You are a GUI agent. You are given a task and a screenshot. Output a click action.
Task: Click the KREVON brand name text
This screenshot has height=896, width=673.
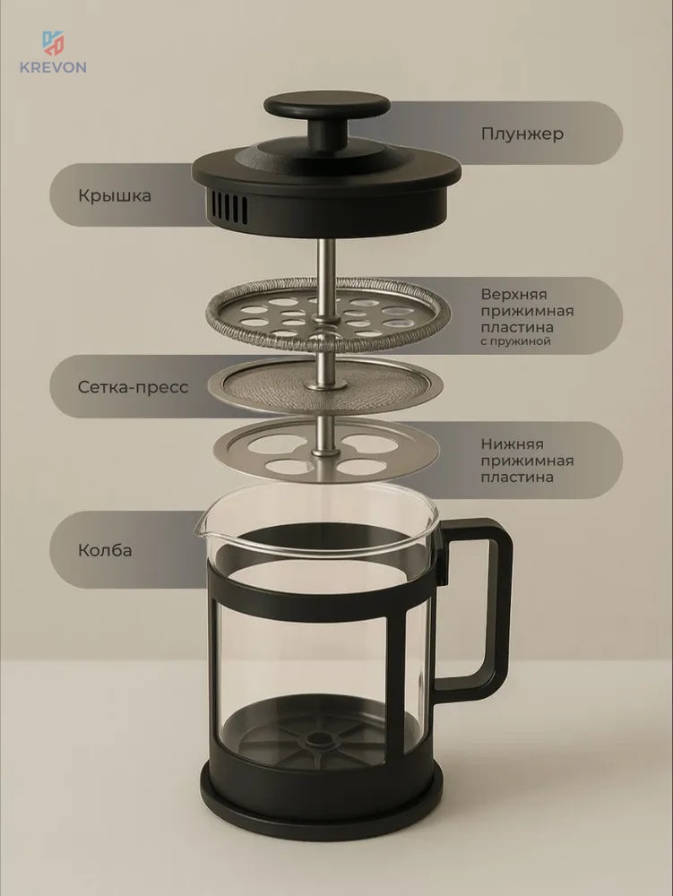coord(53,67)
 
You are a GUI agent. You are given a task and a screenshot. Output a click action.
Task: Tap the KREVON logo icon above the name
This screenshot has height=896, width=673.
coord(53,43)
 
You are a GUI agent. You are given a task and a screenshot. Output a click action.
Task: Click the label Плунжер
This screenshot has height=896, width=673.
coord(522,134)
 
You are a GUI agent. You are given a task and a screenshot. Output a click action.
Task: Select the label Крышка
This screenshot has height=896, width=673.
coord(115,196)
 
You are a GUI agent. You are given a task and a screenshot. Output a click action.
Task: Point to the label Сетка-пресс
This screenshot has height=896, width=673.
coord(133,387)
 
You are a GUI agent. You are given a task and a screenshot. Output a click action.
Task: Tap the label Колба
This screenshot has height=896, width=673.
coord(105,550)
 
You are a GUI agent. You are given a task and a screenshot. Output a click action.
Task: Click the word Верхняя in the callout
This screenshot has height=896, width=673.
coord(514,295)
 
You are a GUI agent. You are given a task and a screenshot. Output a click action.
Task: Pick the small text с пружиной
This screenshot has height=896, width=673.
coord(515,341)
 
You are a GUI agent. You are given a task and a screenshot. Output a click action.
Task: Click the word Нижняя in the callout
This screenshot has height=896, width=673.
coord(512,444)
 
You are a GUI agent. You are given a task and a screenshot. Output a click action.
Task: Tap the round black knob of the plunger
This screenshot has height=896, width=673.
coord(327,107)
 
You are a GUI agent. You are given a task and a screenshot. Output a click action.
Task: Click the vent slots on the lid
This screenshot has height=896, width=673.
coord(229,208)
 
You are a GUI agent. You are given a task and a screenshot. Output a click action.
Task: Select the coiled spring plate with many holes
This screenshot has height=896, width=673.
coord(327,314)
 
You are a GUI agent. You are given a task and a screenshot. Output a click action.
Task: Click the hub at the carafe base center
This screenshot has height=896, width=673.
coord(315,741)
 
